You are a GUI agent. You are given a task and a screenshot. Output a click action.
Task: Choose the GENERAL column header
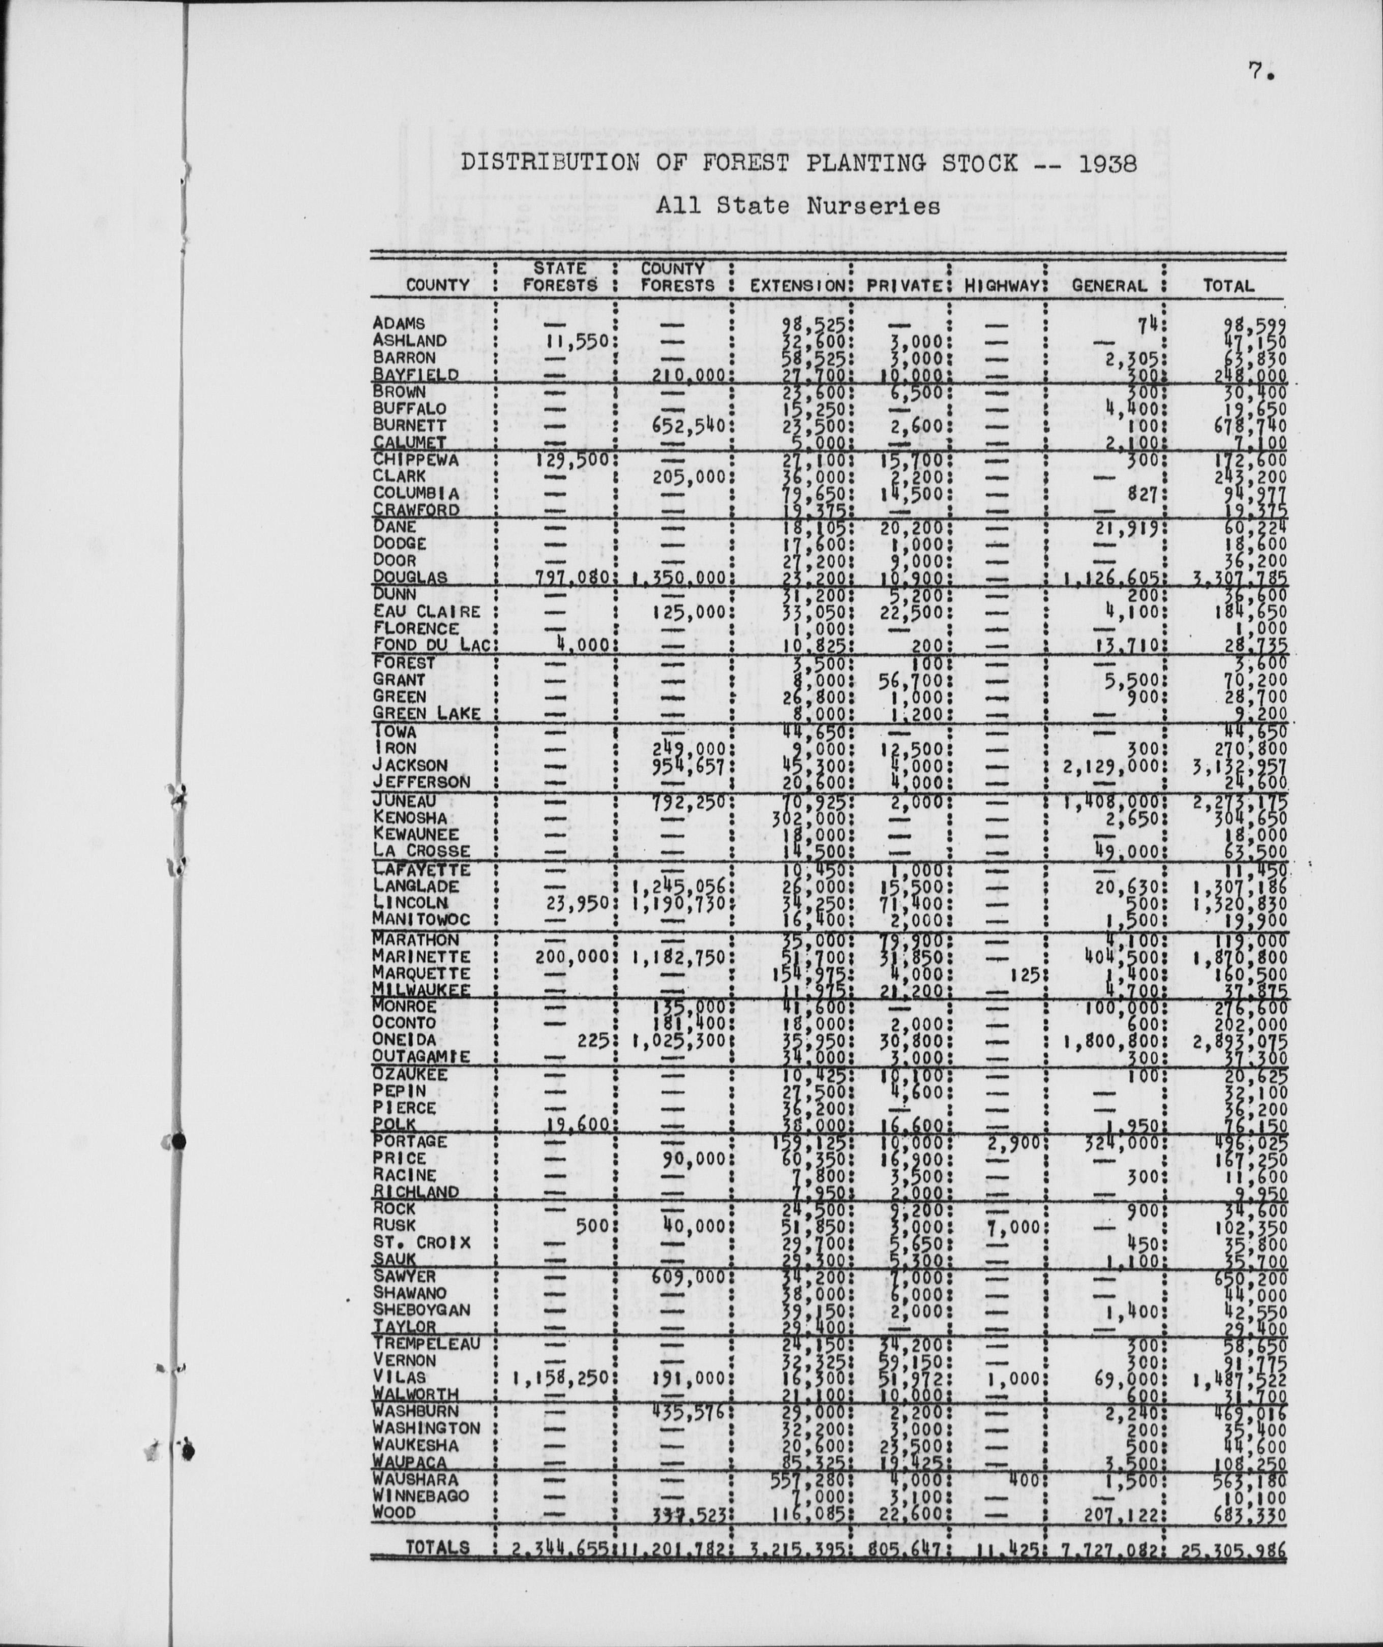click(x=1108, y=286)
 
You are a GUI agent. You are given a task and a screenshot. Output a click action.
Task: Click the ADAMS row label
click(x=399, y=323)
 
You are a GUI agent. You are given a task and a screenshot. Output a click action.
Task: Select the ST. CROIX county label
click(x=421, y=1243)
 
